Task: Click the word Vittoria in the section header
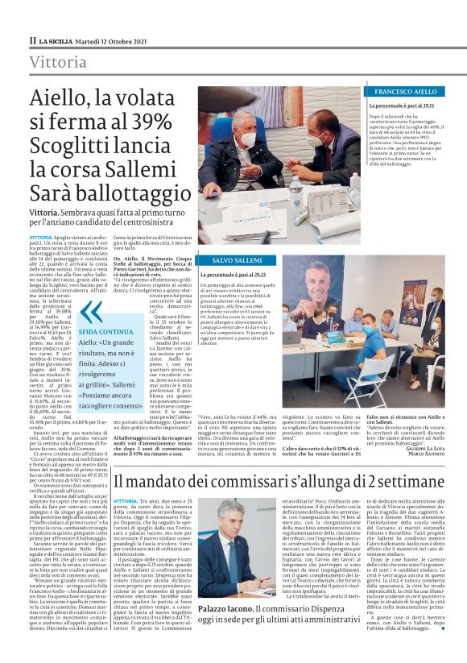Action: point(57,63)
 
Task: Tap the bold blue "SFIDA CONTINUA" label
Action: point(105,332)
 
